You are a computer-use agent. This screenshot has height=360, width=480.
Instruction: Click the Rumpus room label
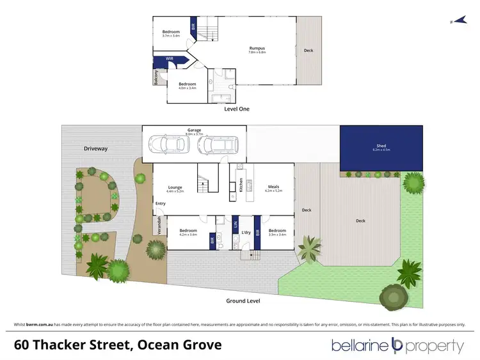(x=257, y=49)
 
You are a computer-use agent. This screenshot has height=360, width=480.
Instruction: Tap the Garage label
(x=194, y=130)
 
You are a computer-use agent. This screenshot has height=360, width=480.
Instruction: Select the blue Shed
(x=381, y=148)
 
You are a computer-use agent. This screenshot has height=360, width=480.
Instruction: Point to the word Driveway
(x=96, y=148)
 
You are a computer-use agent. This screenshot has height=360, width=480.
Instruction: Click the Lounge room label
(x=175, y=187)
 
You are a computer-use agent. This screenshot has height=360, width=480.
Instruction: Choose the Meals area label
(x=273, y=187)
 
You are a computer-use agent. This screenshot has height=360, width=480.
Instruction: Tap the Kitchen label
(x=241, y=185)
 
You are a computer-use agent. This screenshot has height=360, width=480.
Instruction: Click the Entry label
(x=160, y=203)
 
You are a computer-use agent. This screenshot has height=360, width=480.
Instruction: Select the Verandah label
(x=159, y=226)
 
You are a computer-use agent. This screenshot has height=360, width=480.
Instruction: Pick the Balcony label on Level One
(x=156, y=77)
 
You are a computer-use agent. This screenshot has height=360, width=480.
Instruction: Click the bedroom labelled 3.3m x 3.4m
(x=277, y=232)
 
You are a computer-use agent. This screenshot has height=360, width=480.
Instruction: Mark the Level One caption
(x=237, y=109)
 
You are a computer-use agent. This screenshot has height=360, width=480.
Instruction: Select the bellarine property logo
(x=397, y=346)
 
